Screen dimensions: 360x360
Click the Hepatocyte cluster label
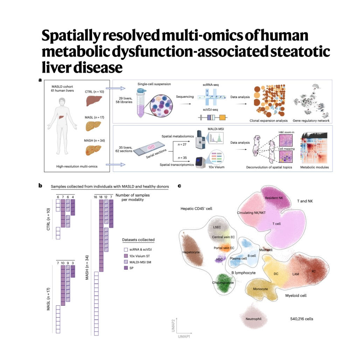191,252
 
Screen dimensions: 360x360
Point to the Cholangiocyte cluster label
223,283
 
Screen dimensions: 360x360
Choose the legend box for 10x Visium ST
125,256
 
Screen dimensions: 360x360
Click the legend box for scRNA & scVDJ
125,250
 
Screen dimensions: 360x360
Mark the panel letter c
180,186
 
